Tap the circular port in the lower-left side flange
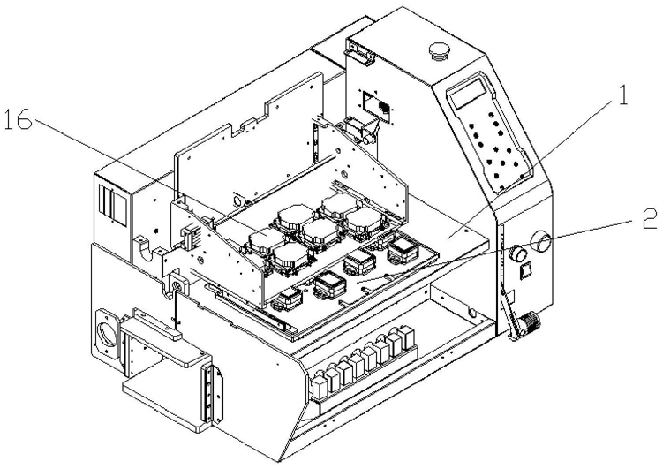105,334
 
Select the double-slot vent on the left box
108,205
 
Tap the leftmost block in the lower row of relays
316,382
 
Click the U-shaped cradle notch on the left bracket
141,250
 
